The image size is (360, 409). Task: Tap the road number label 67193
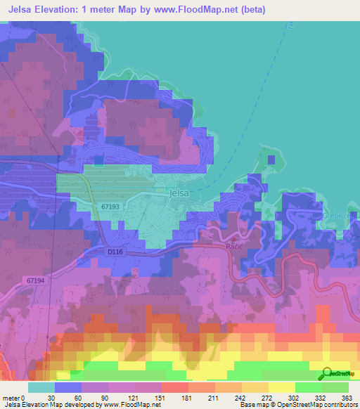(110, 207)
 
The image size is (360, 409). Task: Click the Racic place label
(234, 247)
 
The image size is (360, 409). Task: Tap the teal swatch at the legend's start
(41, 387)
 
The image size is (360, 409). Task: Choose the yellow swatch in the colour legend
(281, 387)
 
